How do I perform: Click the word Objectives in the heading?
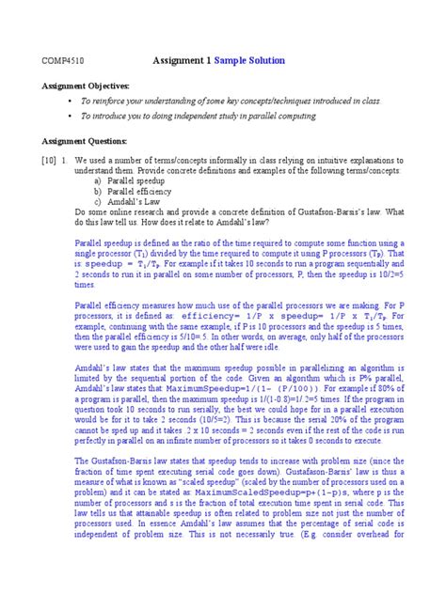click(x=107, y=86)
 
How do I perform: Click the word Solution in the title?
click(x=264, y=61)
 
